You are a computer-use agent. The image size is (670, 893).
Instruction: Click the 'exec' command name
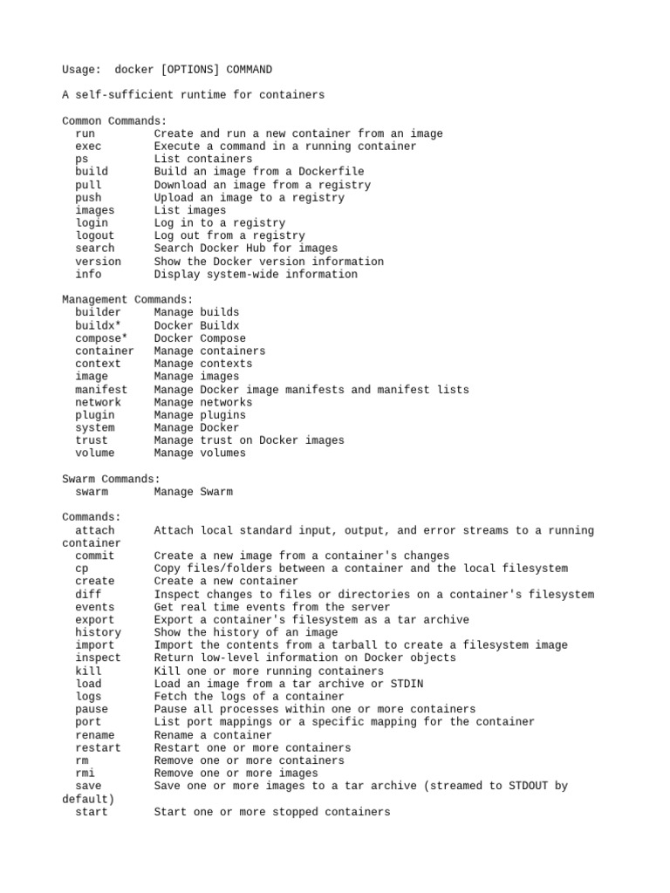click(x=88, y=147)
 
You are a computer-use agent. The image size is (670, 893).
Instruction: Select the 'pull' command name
click(x=88, y=185)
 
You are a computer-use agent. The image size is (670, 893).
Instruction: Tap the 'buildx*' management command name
click(x=98, y=325)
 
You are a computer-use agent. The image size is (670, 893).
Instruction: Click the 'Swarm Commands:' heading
click(x=111, y=479)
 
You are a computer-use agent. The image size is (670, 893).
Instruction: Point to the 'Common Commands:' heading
click(x=114, y=121)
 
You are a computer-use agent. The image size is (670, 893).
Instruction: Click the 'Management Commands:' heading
click(x=127, y=299)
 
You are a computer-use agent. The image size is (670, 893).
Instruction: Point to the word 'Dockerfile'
click(x=332, y=172)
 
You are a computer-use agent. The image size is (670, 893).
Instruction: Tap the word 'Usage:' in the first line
click(x=81, y=70)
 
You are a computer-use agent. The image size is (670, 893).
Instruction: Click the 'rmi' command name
click(x=85, y=774)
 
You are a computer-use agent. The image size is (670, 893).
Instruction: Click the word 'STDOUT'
click(x=525, y=786)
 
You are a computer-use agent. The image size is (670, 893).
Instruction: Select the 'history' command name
click(x=98, y=632)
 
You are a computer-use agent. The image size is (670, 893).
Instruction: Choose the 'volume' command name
click(x=94, y=453)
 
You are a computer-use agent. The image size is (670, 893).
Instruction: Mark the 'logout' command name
click(x=94, y=235)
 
